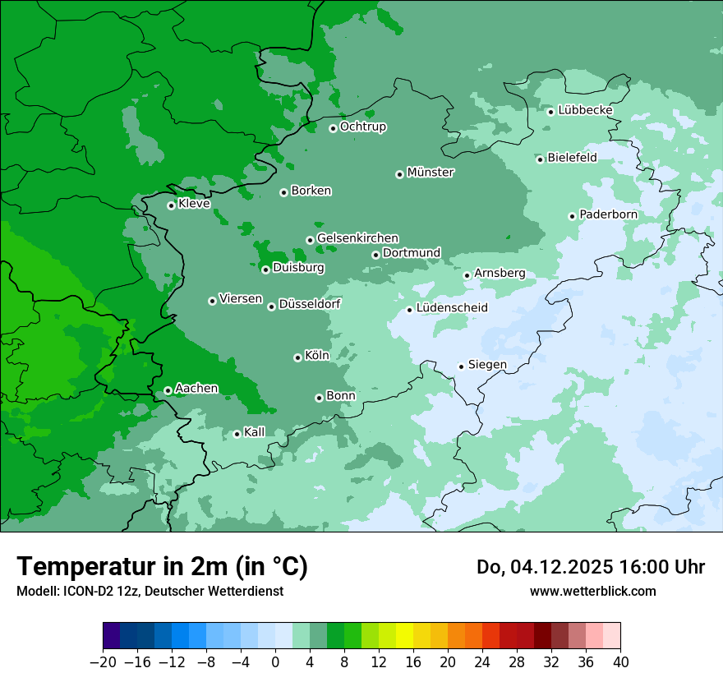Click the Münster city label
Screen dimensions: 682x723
click(431, 173)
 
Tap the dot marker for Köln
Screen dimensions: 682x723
click(297, 357)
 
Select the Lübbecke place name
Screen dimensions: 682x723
click(585, 110)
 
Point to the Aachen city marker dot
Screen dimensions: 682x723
click(168, 390)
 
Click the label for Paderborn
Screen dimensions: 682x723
click(608, 214)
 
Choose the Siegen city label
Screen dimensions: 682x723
click(487, 365)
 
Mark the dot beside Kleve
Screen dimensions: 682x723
click(171, 205)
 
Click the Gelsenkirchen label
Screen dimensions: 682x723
click(357, 238)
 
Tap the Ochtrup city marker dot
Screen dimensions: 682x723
click(333, 128)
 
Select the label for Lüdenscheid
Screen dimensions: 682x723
click(452, 308)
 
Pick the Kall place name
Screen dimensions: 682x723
click(255, 432)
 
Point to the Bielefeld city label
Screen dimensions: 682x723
click(572, 158)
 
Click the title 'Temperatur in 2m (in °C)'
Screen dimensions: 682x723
click(163, 567)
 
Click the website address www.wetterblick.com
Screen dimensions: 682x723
click(593, 592)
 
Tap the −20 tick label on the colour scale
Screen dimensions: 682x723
click(103, 662)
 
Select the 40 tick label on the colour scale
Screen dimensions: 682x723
click(620, 662)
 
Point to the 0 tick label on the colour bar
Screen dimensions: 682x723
click(275, 662)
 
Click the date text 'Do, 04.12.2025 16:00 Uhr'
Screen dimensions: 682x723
click(591, 567)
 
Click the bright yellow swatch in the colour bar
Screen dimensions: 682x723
click(404, 635)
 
